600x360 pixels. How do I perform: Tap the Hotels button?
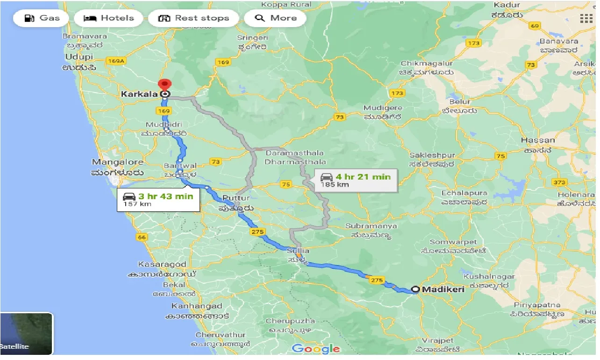pos(109,18)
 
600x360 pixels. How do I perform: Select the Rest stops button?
pos(193,18)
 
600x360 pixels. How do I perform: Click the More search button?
pos(276,18)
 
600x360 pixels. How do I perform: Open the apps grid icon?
pos(586,18)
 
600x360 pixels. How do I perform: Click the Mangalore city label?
pos(117,162)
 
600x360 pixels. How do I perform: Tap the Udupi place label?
pos(79,57)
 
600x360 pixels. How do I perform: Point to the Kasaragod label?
pos(162,264)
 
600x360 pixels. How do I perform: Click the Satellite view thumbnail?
pos(26,333)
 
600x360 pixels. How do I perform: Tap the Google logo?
pos(316,348)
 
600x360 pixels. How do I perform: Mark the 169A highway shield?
pos(116,61)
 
